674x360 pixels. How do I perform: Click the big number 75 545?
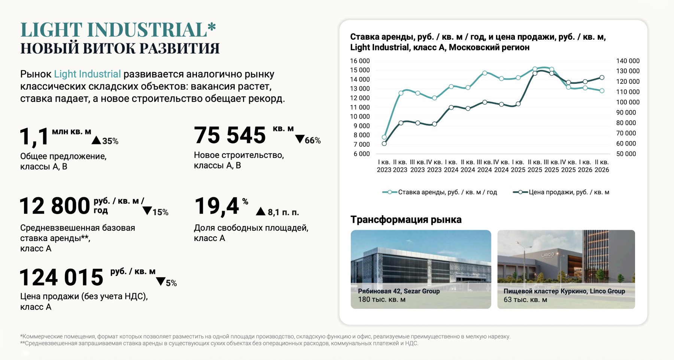[230, 135]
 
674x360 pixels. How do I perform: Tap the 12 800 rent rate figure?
[55, 206]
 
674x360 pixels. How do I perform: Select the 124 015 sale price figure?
[61, 277]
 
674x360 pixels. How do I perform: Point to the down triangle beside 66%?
[300, 139]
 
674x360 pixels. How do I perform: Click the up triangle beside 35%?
[96, 140]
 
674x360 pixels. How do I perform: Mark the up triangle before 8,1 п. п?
[261, 211]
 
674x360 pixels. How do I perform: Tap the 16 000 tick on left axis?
[359, 61]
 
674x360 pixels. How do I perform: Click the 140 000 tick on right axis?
[628, 61]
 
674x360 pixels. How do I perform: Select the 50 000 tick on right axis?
[626, 154]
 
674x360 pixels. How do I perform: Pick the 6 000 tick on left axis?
[361, 154]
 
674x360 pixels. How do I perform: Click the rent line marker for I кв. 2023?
[384, 137]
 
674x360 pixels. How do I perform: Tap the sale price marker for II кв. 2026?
[602, 77]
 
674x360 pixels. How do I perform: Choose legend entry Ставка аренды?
[440, 192]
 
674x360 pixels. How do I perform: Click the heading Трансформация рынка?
[406, 219]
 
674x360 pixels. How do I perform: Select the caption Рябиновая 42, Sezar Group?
[399, 291]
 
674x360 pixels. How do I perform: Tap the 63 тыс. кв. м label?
[525, 299]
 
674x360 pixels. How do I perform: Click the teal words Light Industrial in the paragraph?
[87, 74]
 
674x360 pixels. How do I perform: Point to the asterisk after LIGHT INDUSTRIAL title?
[212, 27]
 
